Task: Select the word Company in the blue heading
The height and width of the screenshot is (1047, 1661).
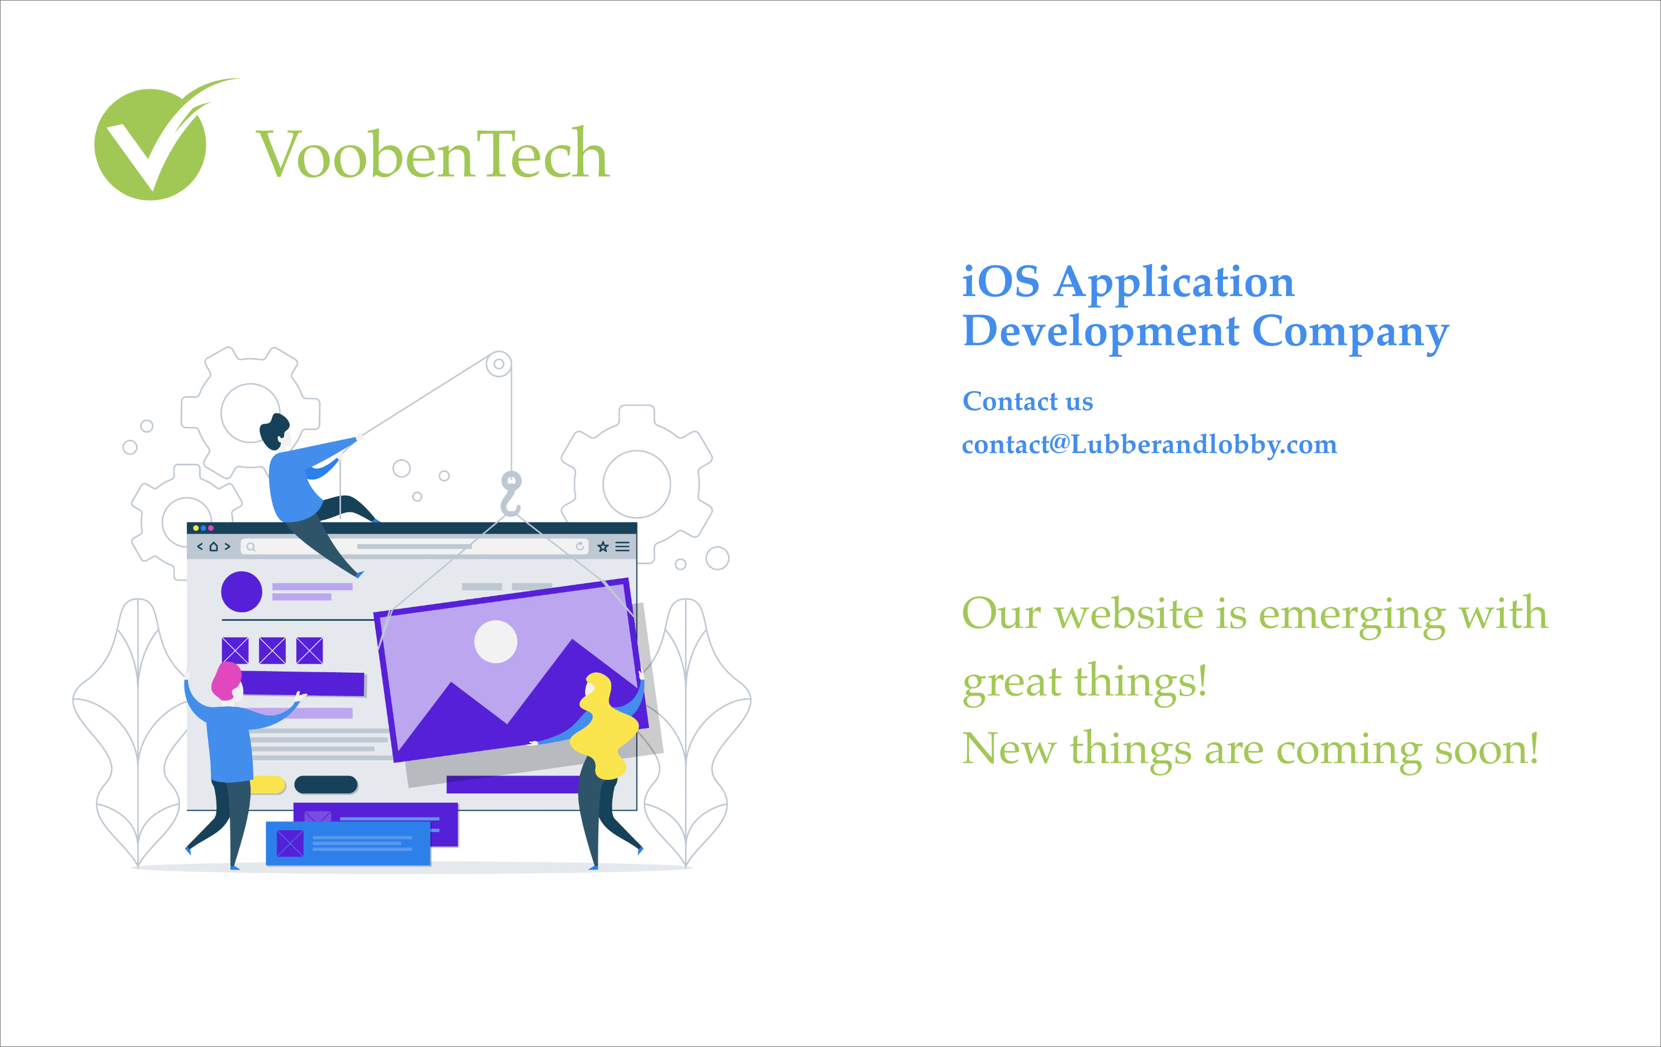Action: [1350, 334]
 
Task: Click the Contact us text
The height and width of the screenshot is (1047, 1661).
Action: [1028, 401]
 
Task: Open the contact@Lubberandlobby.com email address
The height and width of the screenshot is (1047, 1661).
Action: [1149, 445]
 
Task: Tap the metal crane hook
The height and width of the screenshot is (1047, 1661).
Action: [511, 493]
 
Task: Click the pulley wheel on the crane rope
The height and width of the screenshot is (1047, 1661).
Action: [499, 364]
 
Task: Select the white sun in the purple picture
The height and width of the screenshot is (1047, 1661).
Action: [496, 642]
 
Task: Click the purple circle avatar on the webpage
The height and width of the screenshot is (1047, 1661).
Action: [242, 592]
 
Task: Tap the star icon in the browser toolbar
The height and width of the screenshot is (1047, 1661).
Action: [603, 546]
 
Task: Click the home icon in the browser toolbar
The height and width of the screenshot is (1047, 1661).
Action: [214, 546]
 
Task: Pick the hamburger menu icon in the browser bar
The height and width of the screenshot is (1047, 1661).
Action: [622, 546]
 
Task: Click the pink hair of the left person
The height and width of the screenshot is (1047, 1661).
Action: [225, 681]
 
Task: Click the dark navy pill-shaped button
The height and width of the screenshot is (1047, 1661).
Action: [325, 784]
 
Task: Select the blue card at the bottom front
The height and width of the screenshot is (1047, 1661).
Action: [348, 843]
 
